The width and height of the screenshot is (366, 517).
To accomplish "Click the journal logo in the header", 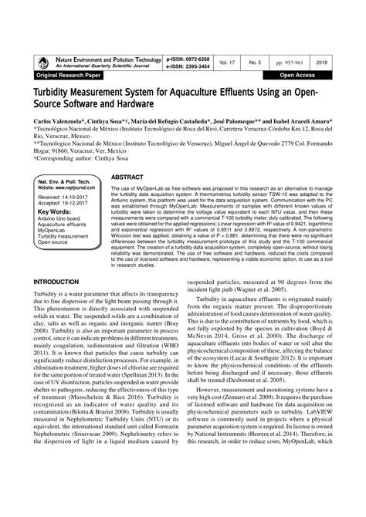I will [38, 63].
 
